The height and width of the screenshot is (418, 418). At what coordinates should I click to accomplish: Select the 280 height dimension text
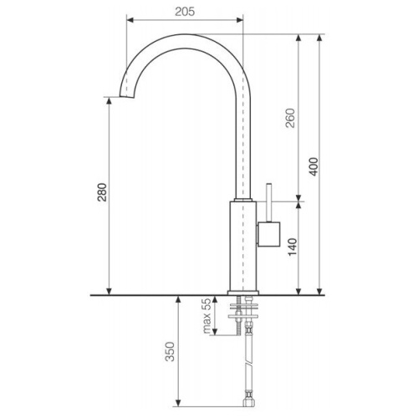coord(101,197)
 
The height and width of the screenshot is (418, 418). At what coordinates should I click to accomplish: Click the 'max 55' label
coord(206,317)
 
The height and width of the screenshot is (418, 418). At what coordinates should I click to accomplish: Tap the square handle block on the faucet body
coord(268,235)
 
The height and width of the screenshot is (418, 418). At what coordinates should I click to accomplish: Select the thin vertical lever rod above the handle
coord(268,201)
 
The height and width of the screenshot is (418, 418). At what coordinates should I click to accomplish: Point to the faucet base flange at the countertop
coord(243,291)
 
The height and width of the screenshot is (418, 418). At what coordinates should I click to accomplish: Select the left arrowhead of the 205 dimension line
coord(129,17)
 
